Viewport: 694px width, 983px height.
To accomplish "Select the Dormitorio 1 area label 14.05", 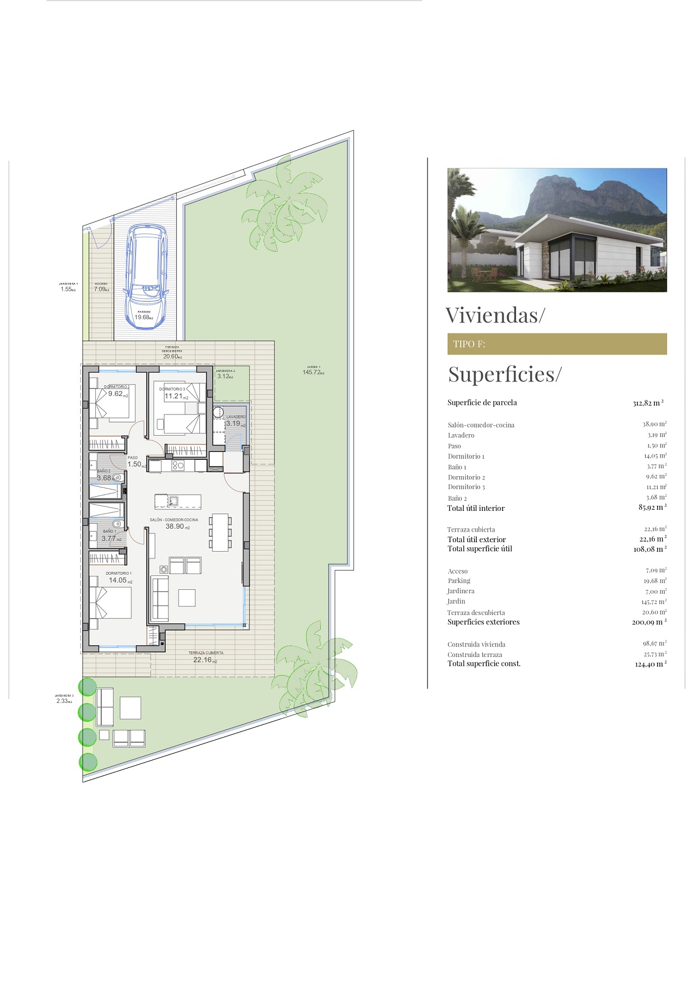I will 119,580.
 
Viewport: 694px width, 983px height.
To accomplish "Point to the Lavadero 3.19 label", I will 235,423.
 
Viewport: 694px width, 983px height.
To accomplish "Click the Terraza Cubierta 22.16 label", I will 204,660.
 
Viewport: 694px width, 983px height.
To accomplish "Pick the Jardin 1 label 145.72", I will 312,372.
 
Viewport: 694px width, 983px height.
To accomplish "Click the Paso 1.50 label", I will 135,464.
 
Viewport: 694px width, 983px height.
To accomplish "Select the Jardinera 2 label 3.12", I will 225,376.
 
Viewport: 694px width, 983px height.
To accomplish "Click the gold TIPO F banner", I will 556,344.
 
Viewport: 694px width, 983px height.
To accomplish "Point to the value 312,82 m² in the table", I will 648,403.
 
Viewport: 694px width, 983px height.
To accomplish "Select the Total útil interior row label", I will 476,509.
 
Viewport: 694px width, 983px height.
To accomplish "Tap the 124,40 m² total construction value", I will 650,664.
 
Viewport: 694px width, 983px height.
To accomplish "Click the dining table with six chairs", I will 221,532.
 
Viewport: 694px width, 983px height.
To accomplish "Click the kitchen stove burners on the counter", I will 178,465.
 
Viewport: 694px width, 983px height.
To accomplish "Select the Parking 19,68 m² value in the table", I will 654,581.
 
